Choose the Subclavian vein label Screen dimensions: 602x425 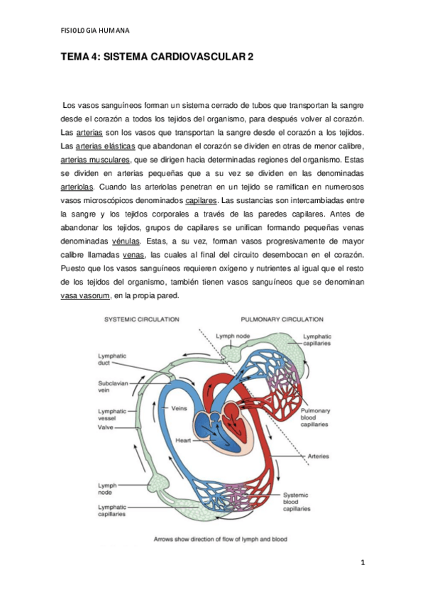pos(113,388)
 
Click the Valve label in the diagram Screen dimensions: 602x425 pos(106,428)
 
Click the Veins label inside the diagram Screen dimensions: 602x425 pos(180,409)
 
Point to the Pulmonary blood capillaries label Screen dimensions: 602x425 pos(314,417)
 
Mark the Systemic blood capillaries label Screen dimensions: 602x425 pos(297,501)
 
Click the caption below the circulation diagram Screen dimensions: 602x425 pos(220,539)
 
